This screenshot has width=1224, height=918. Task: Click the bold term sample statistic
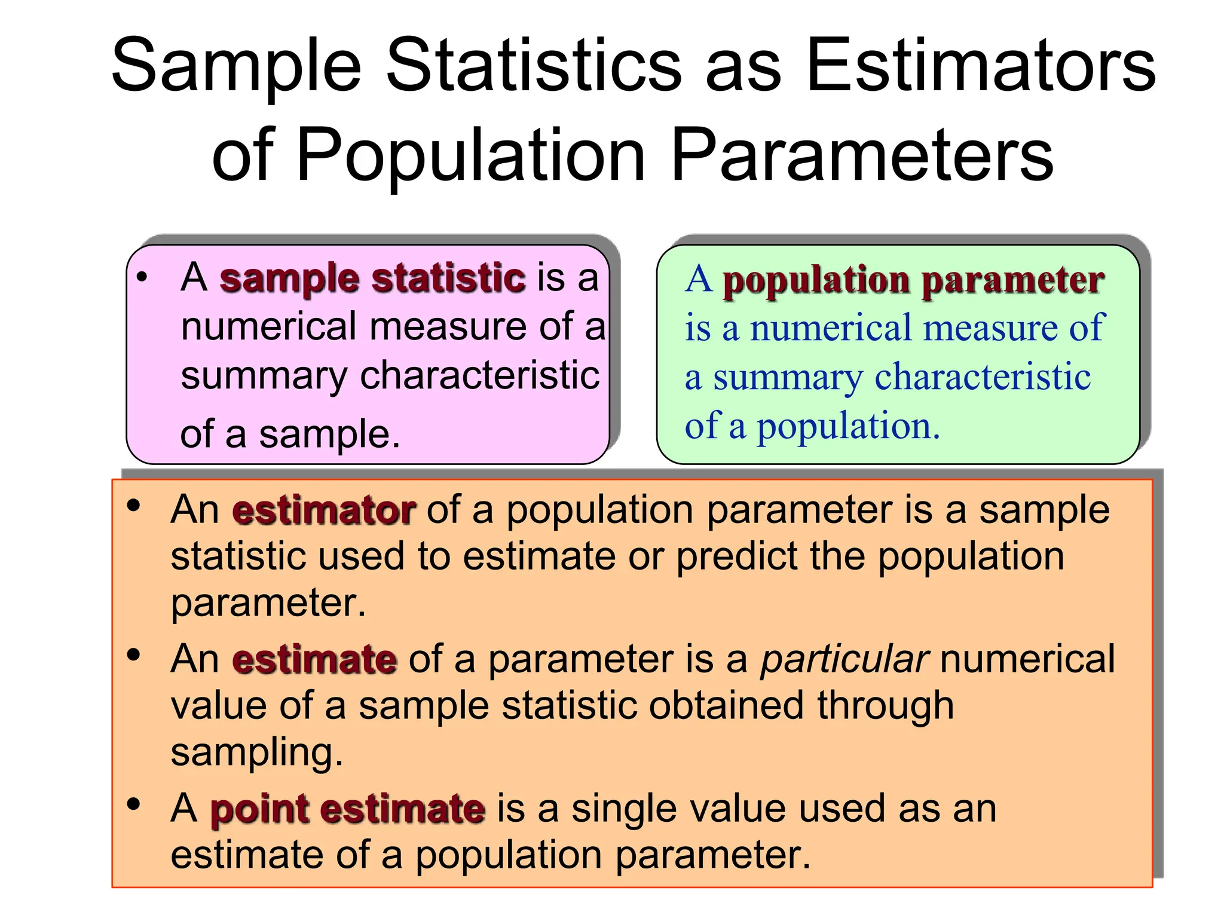372,279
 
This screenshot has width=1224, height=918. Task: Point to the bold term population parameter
913,280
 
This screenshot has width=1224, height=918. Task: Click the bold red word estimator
323,511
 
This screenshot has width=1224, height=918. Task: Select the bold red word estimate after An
314,660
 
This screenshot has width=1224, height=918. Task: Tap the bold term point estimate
347,810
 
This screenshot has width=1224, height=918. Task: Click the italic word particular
844,660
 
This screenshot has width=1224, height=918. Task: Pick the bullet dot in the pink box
142,277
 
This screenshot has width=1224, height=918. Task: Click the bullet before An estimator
133,506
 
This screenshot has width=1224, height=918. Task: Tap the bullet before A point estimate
133,804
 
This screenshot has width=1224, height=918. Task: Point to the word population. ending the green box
848,427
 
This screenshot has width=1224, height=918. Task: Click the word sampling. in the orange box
257,752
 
